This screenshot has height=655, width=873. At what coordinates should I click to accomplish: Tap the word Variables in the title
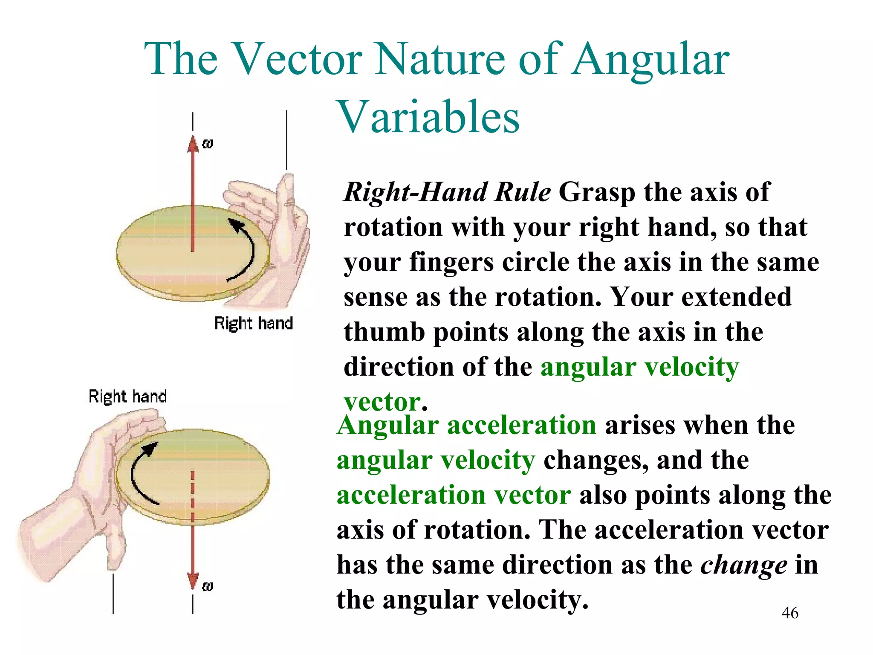pos(428,117)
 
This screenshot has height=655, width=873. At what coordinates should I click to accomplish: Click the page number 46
pos(790,613)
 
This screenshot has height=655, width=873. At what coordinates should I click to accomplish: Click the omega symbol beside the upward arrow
pos(207,144)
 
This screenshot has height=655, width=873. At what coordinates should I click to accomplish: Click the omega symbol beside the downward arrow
pos(207,586)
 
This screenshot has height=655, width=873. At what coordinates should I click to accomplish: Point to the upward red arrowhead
pos(193,144)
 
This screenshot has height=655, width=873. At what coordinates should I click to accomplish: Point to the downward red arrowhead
pos(193,581)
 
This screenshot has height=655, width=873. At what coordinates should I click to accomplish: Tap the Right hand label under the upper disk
pos(253,323)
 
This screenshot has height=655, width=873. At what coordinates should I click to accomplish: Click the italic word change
pos(744,565)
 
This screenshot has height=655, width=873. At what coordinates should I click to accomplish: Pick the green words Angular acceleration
pos(466,426)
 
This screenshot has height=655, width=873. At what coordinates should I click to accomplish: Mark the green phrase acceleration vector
pos(454,496)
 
